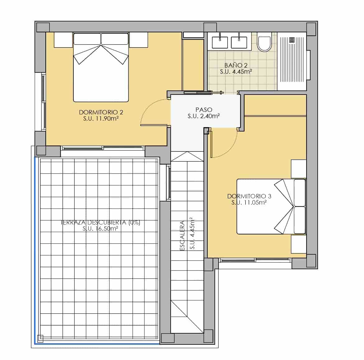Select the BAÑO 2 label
click(x=236, y=65)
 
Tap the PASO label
click(x=204, y=110)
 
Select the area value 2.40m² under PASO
click(x=204, y=116)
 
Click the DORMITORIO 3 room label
click(x=249, y=196)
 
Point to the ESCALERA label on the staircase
click(x=182, y=235)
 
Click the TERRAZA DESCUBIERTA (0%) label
click(x=100, y=223)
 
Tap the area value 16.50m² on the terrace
click(x=100, y=229)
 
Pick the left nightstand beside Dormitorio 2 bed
click(x=63, y=40)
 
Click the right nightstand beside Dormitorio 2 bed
click(x=138, y=40)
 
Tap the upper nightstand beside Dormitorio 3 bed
click(x=298, y=169)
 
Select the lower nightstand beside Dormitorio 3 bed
click(x=298, y=244)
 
